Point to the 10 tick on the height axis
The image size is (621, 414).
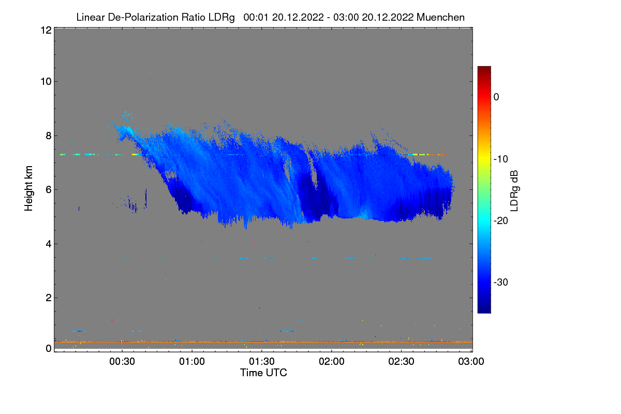45,81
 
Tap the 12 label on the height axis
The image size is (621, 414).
45,30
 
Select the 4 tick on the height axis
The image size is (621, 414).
48,243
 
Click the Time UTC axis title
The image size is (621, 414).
263,373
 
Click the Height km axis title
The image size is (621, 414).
29,188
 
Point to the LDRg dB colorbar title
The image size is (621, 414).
514,190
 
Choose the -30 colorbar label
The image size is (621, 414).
502,283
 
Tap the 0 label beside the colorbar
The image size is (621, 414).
496,97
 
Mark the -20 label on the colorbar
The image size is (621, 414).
502,221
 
